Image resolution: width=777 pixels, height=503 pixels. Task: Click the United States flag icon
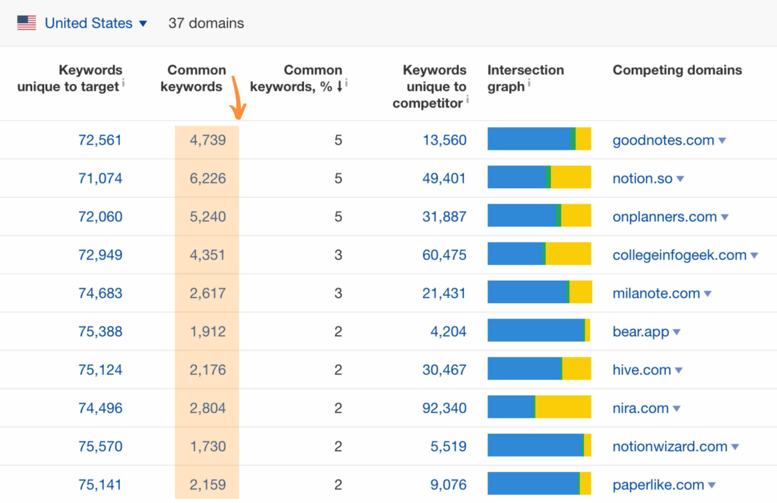click(26, 23)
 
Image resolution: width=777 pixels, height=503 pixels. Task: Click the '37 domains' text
click(206, 23)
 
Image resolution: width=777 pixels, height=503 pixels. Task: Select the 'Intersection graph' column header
click(525, 78)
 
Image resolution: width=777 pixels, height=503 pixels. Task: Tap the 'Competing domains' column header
click(677, 70)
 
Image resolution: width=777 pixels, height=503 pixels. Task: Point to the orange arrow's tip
click(239, 117)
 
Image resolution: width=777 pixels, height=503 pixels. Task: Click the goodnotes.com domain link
click(663, 140)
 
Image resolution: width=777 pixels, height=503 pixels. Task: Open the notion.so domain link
click(642, 178)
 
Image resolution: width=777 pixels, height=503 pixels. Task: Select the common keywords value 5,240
click(208, 217)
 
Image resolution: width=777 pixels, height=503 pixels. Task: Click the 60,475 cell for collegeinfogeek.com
click(444, 255)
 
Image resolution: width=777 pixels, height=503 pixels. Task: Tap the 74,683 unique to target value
click(100, 293)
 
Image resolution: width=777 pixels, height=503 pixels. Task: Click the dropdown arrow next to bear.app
click(677, 332)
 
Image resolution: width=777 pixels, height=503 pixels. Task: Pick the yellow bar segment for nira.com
click(563, 407)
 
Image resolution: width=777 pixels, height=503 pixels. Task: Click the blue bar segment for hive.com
click(524, 369)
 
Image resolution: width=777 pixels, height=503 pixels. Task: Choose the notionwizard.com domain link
click(669, 447)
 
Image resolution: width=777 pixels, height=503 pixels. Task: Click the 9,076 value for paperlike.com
click(448, 485)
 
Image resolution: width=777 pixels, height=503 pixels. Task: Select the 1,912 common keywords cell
click(208, 332)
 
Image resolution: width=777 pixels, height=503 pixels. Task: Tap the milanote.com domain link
click(656, 293)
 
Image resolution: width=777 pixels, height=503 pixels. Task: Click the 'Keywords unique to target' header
click(70, 78)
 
